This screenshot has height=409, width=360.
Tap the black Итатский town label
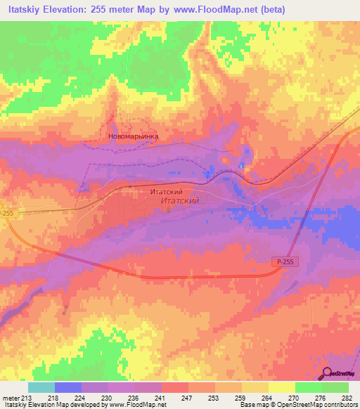pos(167,191)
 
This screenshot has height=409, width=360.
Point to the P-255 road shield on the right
pos(283,261)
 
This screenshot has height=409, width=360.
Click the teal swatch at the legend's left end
pos(41,387)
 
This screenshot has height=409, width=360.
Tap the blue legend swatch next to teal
pos(68,387)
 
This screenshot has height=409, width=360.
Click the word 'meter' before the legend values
pos(10,397)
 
